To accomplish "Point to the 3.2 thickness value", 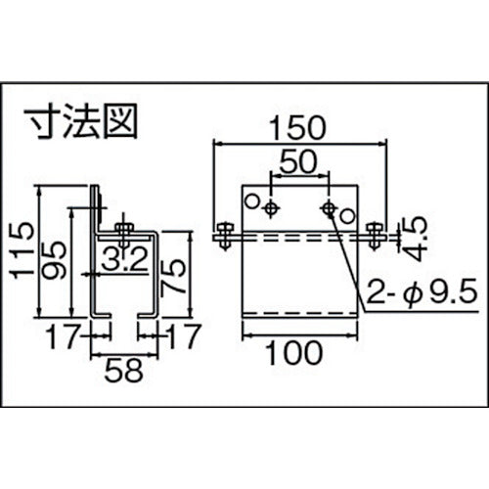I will tap(123, 259).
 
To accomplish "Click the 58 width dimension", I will tap(123, 372).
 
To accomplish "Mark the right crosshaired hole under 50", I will tap(330, 206).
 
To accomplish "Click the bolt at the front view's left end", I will tap(224, 236).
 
